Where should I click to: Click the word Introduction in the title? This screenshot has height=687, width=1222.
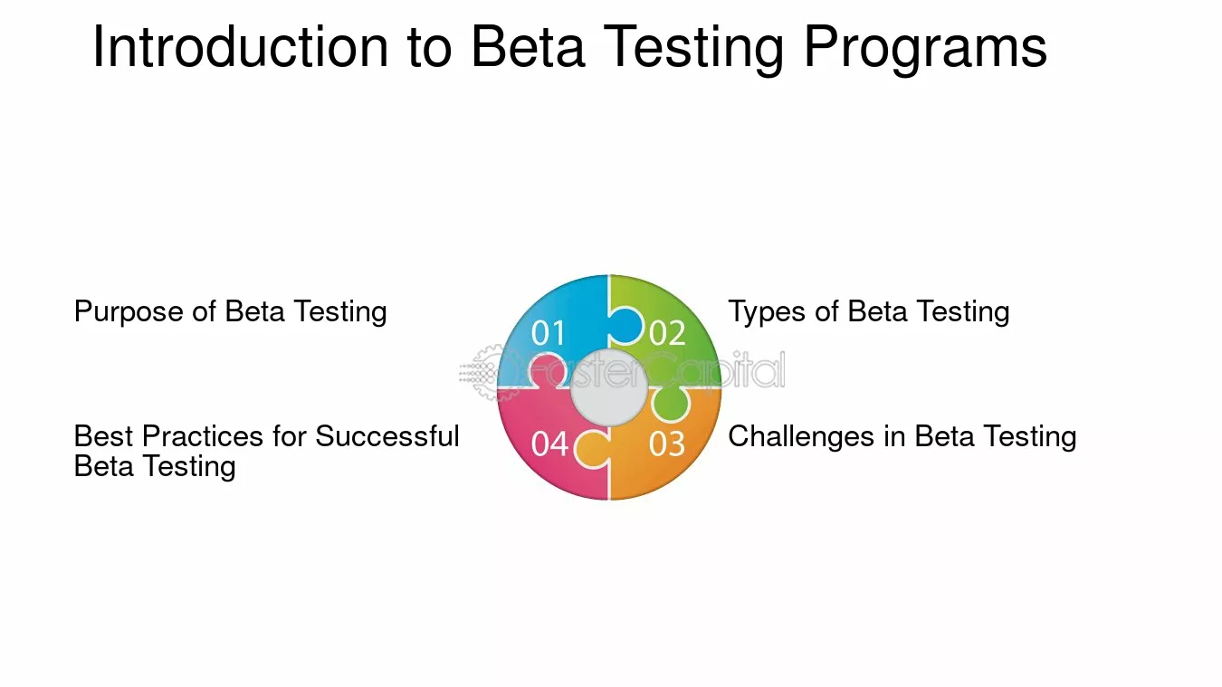[x=241, y=47]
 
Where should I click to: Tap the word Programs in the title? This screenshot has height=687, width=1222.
[x=925, y=50]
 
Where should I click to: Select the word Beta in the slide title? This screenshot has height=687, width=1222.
[x=528, y=47]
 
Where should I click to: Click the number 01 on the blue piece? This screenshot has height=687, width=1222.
[x=549, y=333]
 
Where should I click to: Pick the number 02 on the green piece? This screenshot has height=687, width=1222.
[x=667, y=333]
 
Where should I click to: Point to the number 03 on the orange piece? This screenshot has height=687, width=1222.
[x=666, y=444]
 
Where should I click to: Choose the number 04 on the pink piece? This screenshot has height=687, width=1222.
[x=550, y=444]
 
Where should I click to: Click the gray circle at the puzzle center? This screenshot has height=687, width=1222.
[x=609, y=387]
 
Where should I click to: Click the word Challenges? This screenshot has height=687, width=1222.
[x=801, y=437]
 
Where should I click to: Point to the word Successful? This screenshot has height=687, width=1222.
[x=387, y=436]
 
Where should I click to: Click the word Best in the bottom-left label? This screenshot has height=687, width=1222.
[x=104, y=436]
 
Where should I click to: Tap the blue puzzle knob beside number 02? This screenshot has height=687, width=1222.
[x=626, y=326]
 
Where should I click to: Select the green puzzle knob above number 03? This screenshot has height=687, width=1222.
[x=671, y=405]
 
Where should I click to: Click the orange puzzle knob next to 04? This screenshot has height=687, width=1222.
[x=592, y=449]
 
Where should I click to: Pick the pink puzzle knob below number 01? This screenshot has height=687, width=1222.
[x=547, y=371]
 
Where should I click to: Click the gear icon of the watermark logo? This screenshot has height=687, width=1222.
[x=488, y=372]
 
